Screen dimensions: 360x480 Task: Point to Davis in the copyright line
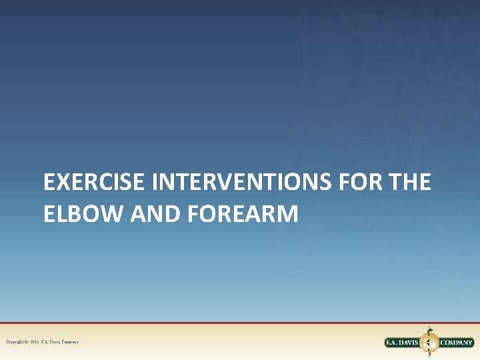pos(55,342)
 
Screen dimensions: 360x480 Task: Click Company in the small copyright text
pos(70,342)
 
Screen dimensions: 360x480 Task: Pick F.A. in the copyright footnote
pos(47,342)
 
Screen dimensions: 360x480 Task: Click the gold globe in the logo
pos(430,343)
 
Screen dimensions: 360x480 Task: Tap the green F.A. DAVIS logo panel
pos(403,343)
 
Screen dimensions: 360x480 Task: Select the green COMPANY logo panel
pos(456,343)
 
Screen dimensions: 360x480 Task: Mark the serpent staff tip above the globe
pos(430,329)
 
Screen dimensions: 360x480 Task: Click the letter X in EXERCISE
pos(61,181)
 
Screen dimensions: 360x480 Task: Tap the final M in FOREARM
pos(287,213)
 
